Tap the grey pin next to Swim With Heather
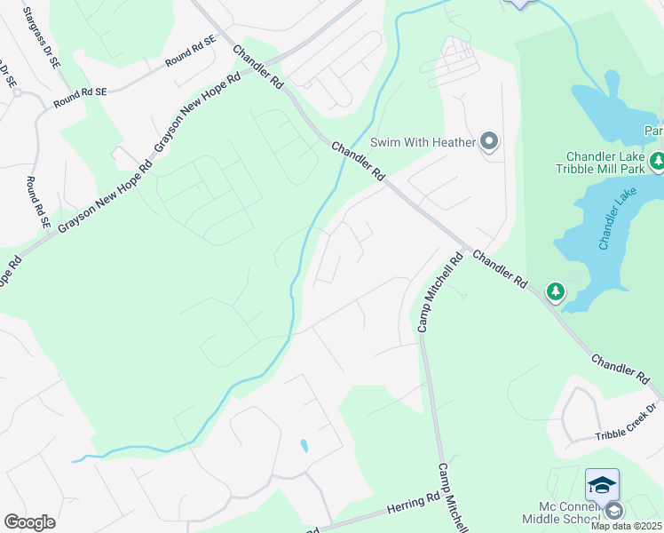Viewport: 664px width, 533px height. [x=489, y=141]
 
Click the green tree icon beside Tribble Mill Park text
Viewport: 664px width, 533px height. [x=657, y=162]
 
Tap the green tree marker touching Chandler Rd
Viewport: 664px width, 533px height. [x=555, y=290]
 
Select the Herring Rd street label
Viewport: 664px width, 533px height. [x=414, y=506]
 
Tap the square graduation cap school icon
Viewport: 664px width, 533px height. [x=602, y=484]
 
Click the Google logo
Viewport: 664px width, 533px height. [x=29, y=522]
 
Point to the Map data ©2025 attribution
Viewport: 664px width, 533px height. [x=627, y=526]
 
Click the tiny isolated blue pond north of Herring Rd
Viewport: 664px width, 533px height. [x=304, y=446]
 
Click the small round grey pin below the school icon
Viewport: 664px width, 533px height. [x=613, y=510]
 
